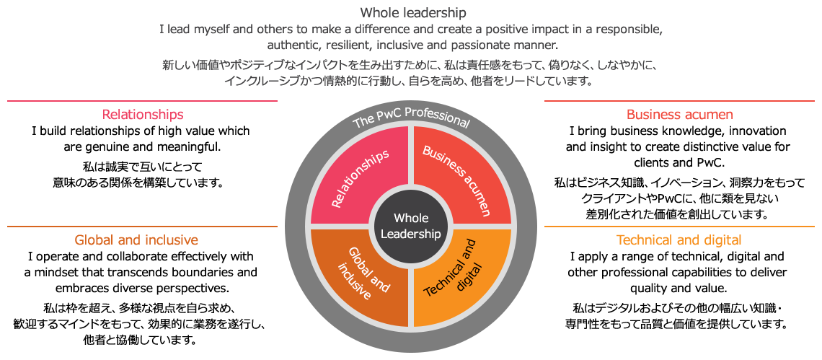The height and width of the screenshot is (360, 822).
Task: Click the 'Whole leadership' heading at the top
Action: (412, 14)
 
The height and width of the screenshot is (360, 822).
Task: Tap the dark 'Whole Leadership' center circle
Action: (410, 226)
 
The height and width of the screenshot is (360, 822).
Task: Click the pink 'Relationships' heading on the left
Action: (143, 115)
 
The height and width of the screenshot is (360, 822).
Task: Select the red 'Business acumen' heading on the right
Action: (679, 115)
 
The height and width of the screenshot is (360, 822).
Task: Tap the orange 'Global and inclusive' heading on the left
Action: (136, 240)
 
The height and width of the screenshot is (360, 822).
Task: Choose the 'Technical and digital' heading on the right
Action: (679, 240)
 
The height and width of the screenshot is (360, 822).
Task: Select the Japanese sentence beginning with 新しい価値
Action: (410, 66)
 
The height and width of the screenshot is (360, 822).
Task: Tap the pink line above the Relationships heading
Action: (142, 101)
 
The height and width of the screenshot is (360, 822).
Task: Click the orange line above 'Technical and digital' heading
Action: (679, 227)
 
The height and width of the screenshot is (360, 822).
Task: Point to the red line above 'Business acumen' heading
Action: (679, 101)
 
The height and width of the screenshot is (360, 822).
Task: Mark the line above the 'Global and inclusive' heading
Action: (142, 227)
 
